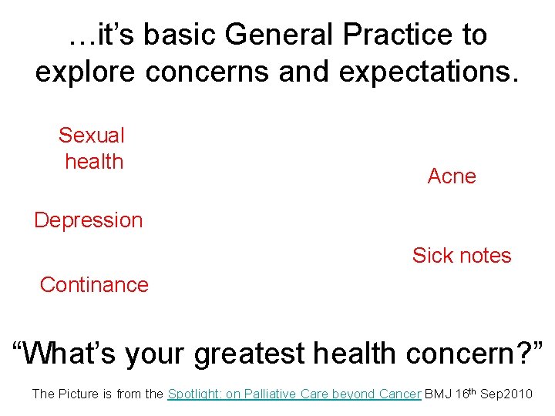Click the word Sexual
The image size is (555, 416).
pyautogui.click(x=91, y=136)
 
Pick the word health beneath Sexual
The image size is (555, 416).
pyautogui.click(x=94, y=162)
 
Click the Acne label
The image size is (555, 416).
pyautogui.click(x=452, y=176)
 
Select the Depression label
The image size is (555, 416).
pyautogui.click(x=89, y=220)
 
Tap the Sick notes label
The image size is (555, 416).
pyautogui.click(x=462, y=256)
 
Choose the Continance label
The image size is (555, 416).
pyautogui.click(x=94, y=285)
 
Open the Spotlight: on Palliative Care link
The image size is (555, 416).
pyautogui.click(x=294, y=394)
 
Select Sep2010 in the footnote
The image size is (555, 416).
pyautogui.click(x=506, y=394)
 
